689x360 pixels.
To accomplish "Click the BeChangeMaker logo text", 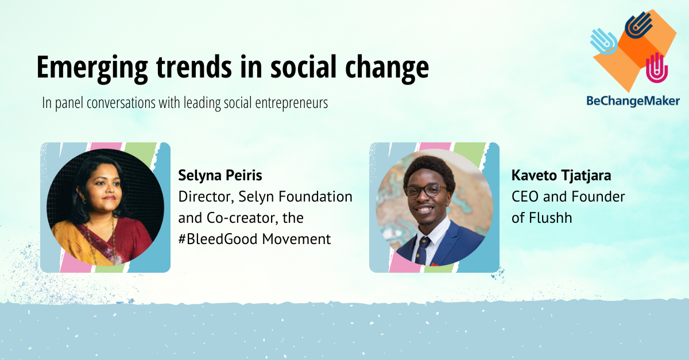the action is click(633, 101).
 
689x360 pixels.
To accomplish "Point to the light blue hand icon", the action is click(603, 41).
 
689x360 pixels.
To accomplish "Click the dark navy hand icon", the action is click(639, 25).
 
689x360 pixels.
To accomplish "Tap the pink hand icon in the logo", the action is click(657, 68).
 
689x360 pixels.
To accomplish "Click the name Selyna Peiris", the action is click(220, 176).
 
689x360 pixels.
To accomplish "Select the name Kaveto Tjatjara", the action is click(562, 176).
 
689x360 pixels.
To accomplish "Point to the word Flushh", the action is click(551, 218).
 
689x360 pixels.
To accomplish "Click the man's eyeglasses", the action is click(426, 191).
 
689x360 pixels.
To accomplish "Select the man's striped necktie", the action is click(421, 251).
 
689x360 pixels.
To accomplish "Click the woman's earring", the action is click(84, 200).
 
